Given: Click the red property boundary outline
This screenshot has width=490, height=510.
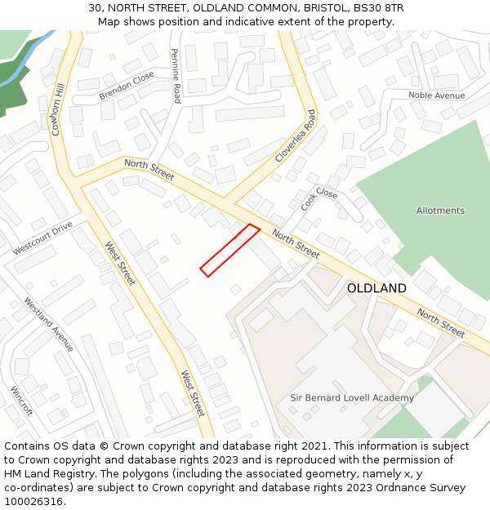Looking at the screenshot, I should pyautogui.click(x=230, y=251).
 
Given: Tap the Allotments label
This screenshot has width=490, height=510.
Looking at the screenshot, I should pyautogui.click(x=440, y=211).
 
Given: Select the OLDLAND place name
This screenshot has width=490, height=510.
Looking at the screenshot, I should pyautogui.click(x=376, y=288).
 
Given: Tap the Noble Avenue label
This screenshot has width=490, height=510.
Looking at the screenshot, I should pyautogui.click(x=436, y=95).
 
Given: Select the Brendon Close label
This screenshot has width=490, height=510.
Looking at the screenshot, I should pyautogui.click(x=127, y=86).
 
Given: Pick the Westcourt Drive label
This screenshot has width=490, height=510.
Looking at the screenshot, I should pyautogui.click(x=42, y=237).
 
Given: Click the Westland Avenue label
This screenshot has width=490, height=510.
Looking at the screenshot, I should pyautogui.click(x=48, y=324).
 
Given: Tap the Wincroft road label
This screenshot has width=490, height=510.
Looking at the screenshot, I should pyautogui.click(x=21, y=401).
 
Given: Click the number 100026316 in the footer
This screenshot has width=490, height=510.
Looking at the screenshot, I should pyautogui.click(x=33, y=501).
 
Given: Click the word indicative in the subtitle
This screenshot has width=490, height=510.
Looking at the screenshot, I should pyautogui.click(x=252, y=21).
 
